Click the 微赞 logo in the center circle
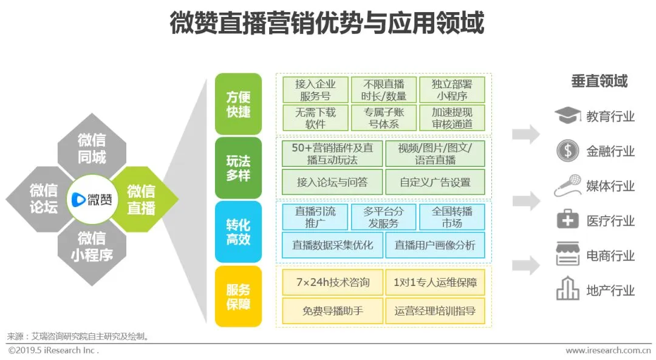(x=92, y=199)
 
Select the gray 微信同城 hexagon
(x=92, y=149)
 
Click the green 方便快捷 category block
(x=238, y=104)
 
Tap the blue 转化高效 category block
(x=238, y=231)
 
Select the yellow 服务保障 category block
(x=238, y=296)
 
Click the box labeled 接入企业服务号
(x=315, y=89)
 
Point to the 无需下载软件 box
(x=315, y=118)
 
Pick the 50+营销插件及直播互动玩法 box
(x=332, y=154)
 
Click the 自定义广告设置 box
(x=435, y=182)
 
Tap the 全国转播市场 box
(x=452, y=217)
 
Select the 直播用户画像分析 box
(x=435, y=245)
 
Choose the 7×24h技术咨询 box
(x=332, y=282)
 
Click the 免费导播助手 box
(x=332, y=311)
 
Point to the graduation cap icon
(x=567, y=115)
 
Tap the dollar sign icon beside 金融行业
(x=567, y=151)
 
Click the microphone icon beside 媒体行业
(x=567, y=186)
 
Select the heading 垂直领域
(x=599, y=81)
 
